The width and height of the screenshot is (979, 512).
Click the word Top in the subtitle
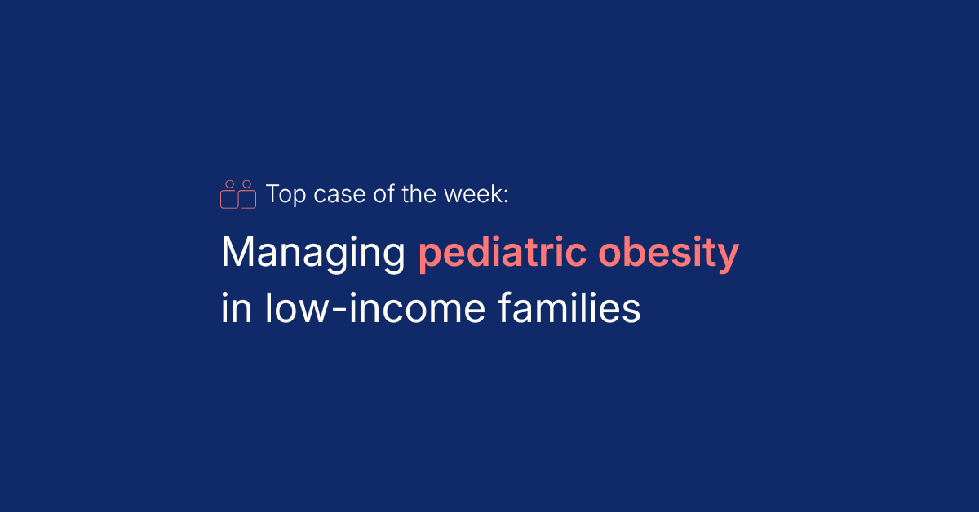286,195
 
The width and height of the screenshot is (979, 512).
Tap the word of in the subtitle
384,194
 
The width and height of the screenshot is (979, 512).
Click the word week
473,194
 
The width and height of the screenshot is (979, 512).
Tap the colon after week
506,196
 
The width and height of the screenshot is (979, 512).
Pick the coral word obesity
668,252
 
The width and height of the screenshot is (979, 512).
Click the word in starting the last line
237,307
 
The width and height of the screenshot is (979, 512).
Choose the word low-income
375,307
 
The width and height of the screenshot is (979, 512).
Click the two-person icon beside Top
238,194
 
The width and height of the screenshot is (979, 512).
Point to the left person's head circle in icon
230,184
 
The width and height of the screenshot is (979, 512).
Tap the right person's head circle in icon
247,184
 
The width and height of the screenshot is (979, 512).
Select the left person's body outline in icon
221,200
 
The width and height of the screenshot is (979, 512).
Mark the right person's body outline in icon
255,200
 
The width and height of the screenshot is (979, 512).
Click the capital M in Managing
237,252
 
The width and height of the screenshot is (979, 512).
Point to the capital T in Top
272,194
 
